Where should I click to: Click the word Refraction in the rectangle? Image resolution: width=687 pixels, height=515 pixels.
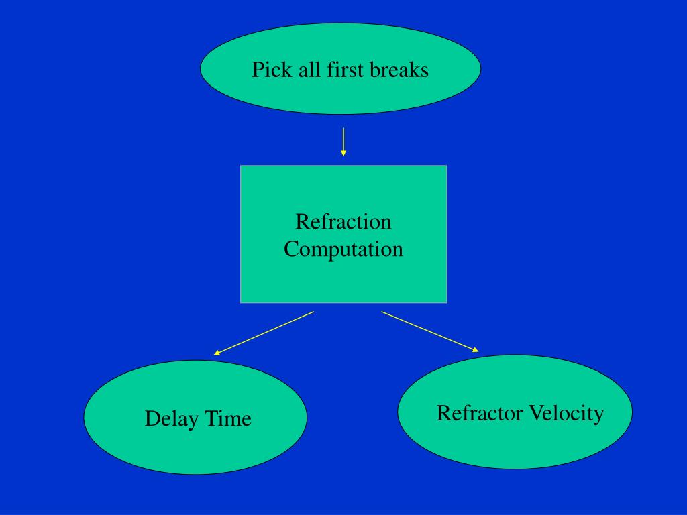(343, 221)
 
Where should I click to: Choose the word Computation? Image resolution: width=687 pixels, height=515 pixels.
(343, 249)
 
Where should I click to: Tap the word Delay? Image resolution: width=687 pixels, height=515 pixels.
(171, 419)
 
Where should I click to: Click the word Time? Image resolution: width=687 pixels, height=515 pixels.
(228, 418)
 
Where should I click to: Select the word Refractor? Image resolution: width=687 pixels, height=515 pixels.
(480, 413)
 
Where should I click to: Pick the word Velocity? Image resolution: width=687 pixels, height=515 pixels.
(566, 414)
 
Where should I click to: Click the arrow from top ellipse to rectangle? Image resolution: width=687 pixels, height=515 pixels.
(343, 142)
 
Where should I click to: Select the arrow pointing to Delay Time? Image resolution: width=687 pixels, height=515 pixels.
(264, 333)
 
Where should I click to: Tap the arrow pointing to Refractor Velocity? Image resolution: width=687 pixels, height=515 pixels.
(430, 331)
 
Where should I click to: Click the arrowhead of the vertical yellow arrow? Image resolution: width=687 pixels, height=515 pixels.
(343, 153)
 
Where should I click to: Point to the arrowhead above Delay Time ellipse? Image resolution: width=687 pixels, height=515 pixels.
(217, 353)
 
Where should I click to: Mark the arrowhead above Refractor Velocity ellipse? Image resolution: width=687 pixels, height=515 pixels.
(476, 350)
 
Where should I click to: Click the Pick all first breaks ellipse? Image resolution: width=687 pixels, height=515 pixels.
(340, 69)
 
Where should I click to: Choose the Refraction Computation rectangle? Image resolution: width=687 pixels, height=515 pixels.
(343, 234)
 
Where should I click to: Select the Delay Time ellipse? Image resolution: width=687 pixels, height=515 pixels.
(195, 417)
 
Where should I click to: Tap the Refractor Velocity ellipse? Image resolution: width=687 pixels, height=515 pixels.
(515, 412)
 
